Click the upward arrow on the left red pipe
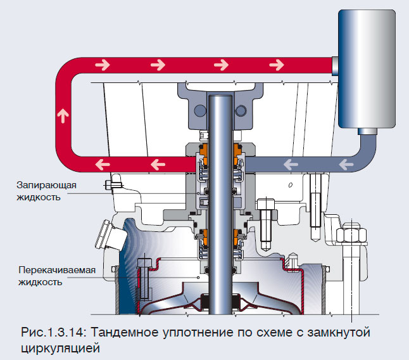tap(61, 115)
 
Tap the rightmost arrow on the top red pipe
tap(276, 65)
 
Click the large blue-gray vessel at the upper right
tap(366, 70)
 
